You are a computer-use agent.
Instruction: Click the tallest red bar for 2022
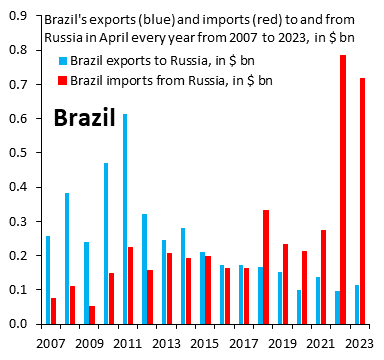coord(343,189)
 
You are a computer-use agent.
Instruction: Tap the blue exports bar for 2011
coord(125,218)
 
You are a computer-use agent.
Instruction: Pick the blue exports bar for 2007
coord(47,279)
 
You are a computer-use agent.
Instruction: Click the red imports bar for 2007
coord(53,310)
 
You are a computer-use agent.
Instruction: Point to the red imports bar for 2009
coord(92,314)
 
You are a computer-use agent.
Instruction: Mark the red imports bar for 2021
coord(323,276)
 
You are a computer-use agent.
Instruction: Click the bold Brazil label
coord(85,119)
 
